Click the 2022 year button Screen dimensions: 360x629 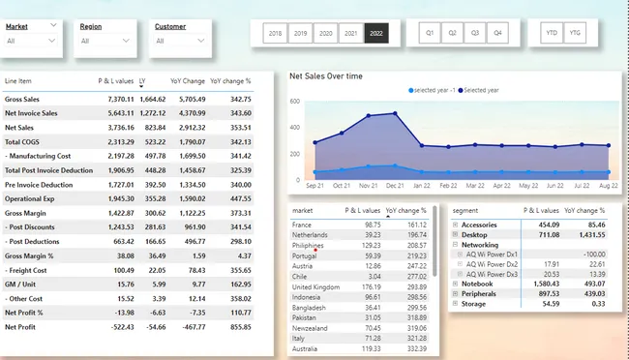[375, 33]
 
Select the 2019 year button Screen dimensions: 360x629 [301, 33]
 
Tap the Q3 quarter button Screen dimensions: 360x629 [475, 33]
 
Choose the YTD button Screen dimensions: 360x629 [553, 33]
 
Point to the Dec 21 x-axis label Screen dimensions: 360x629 [394, 184]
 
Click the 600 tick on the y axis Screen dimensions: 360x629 [295, 101]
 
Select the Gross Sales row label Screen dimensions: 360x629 [24, 99]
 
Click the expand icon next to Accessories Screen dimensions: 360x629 [456, 224]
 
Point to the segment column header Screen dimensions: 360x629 [465, 209]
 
